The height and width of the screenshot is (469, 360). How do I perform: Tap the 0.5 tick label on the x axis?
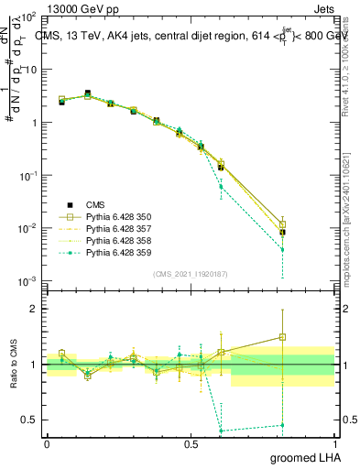[191, 443]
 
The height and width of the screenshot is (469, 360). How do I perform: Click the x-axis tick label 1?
[334, 443]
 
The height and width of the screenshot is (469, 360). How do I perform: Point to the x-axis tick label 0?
[47, 443]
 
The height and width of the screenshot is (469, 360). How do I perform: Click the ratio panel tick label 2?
[36, 309]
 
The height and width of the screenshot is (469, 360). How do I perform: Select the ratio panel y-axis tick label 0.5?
[30, 420]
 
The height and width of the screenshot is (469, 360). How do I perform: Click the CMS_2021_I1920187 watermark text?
[191, 274]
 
